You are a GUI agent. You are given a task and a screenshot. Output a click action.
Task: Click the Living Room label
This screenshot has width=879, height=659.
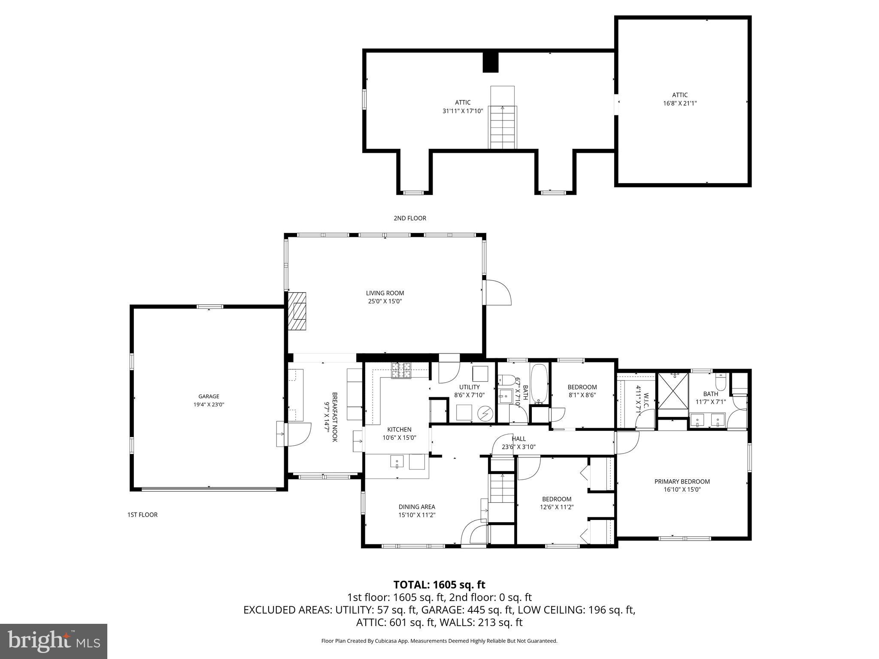pyautogui.click(x=385, y=293)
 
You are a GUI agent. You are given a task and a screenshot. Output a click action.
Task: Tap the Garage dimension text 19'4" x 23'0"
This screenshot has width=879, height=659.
pyautogui.click(x=209, y=405)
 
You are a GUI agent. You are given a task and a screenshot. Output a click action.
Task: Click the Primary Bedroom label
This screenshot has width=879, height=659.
pyautogui.click(x=682, y=481)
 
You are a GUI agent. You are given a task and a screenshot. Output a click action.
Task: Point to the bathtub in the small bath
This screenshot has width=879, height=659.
pyautogui.click(x=539, y=383)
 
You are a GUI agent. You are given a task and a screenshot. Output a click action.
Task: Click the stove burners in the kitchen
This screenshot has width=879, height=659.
pyautogui.click(x=401, y=370)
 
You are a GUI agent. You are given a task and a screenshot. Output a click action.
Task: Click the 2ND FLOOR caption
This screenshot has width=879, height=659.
pyautogui.click(x=410, y=218)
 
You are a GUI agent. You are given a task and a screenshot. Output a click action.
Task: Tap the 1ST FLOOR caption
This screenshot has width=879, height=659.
pyautogui.click(x=142, y=515)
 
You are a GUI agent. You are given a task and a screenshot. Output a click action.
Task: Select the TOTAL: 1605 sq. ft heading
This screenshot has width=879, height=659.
pyautogui.click(x=439, y=585)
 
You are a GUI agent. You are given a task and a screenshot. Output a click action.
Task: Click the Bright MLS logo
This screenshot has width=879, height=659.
pyautogui.click(x=54, y=641)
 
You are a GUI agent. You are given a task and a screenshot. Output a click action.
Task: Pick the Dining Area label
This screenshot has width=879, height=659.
pyautogui.click(x=416, y=507)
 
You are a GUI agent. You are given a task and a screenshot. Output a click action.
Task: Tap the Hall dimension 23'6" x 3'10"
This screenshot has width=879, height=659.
pyautogui.click(x=518, y=447)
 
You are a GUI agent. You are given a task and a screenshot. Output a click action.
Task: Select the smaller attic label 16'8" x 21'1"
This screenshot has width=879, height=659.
pyautogui.click(x=679, y=103)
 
